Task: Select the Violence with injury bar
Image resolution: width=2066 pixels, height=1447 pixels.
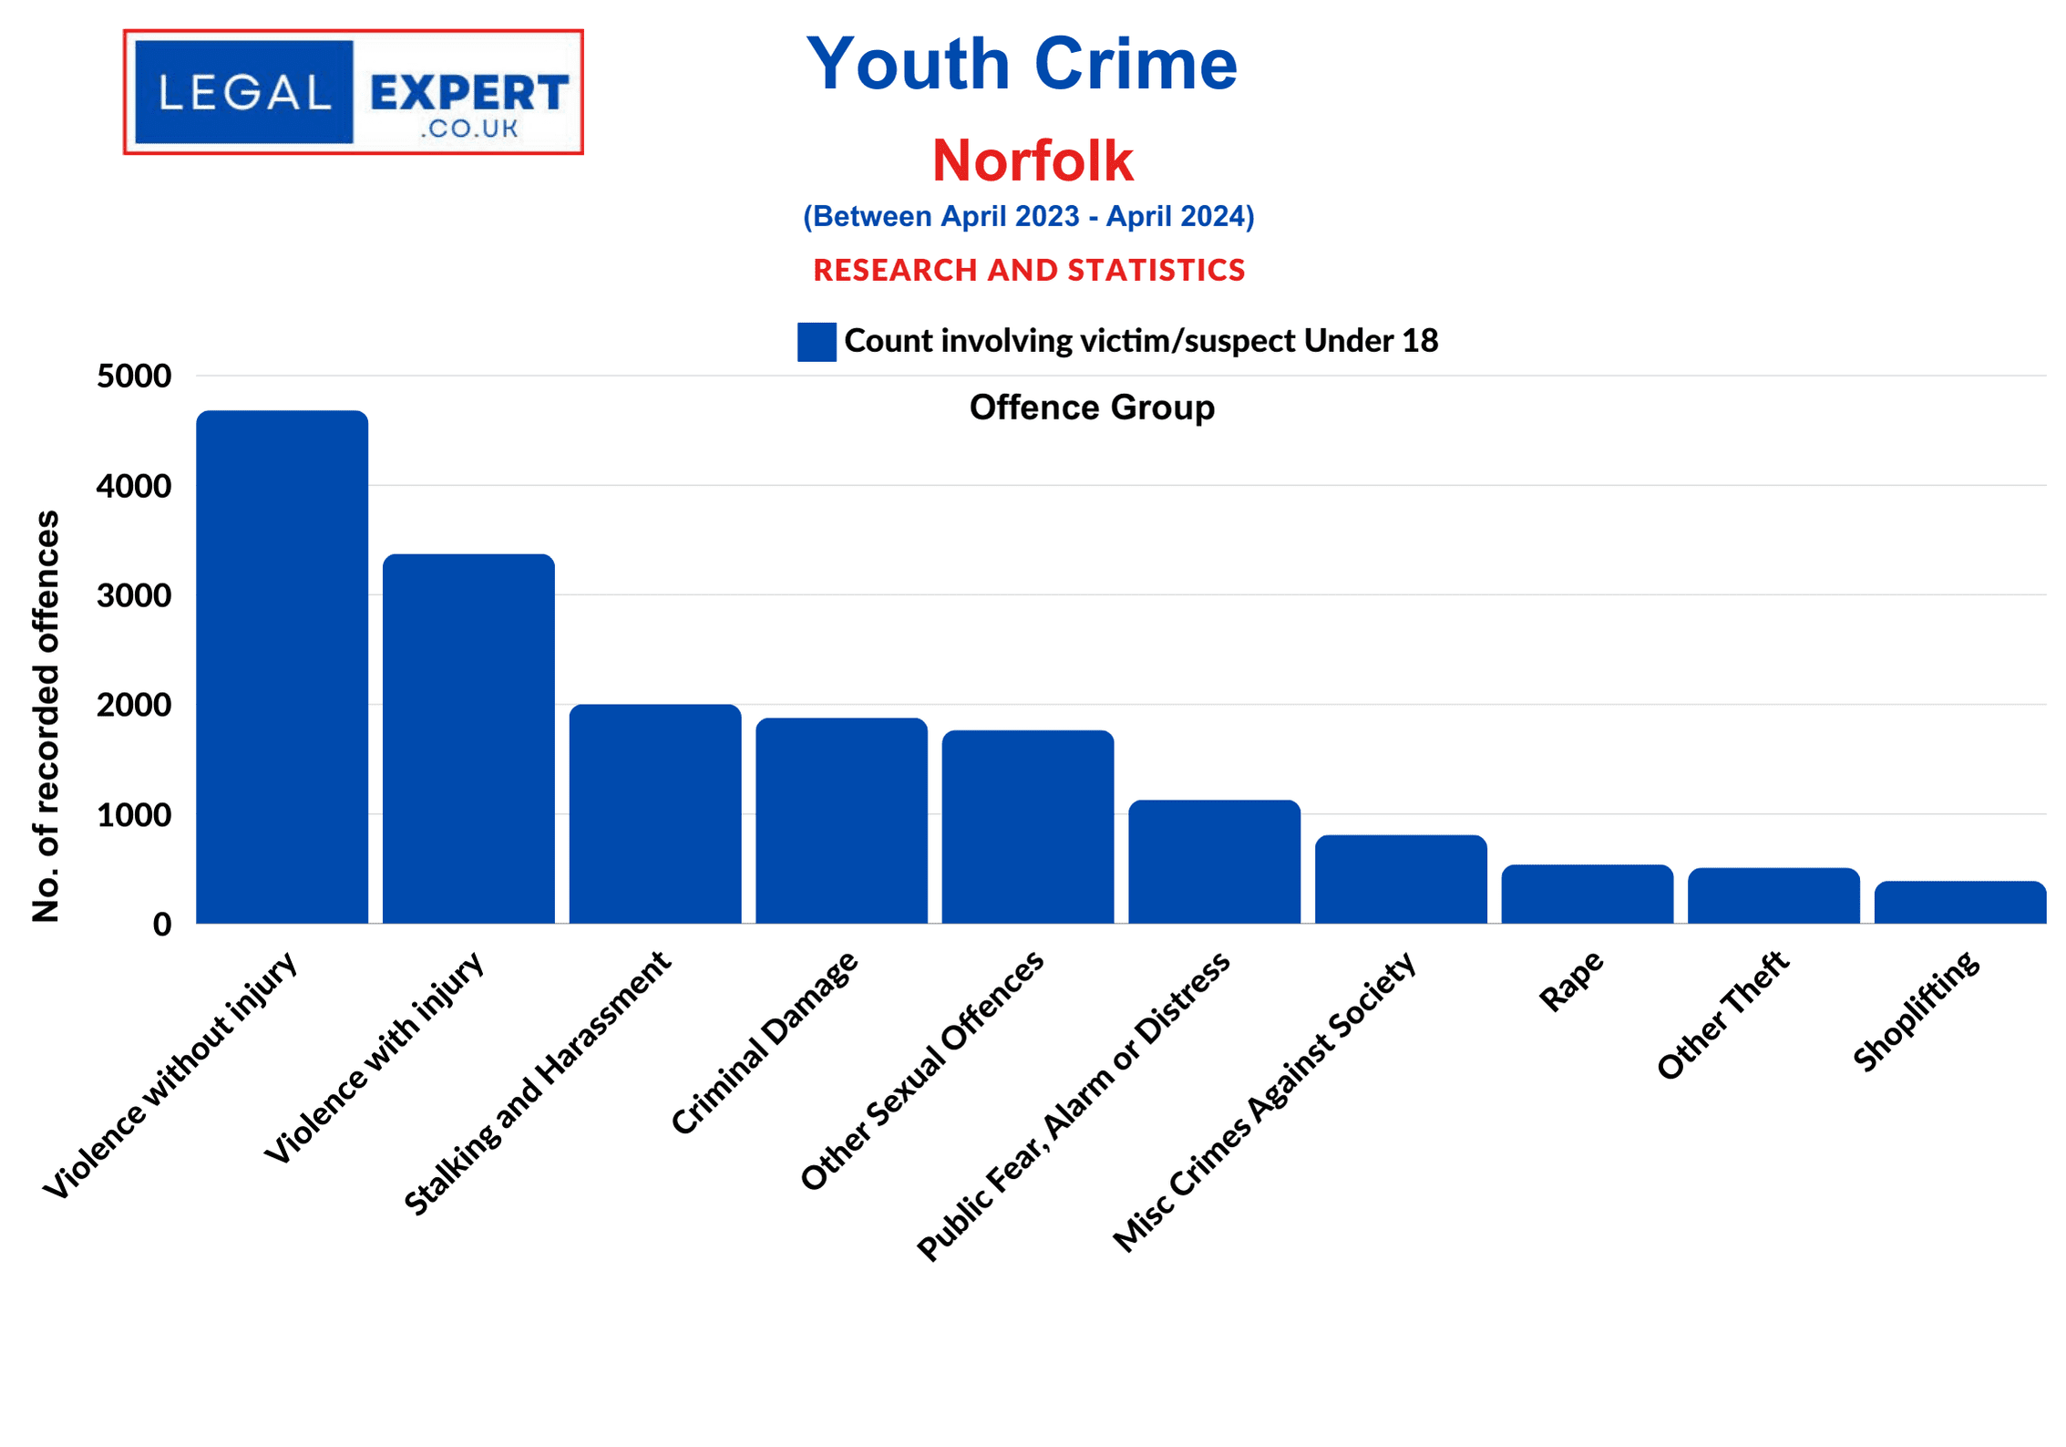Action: point(468,739)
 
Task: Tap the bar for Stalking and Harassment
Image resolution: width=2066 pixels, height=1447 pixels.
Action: point(654,813)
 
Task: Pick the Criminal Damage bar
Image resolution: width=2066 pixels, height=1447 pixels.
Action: point(841,821)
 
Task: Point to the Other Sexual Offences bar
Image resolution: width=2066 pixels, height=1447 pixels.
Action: point(1027,826)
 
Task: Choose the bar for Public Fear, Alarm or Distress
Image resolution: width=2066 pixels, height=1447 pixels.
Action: point(1214,862)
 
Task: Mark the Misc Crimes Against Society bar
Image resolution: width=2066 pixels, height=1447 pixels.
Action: point(1400,879)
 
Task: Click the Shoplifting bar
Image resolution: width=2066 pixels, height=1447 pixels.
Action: point(1959,902)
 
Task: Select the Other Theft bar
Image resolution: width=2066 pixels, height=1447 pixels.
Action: point(1773,895)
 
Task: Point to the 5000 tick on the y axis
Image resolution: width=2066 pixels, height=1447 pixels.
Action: point(134,376)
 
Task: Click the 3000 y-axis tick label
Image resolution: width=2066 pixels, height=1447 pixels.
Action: point(134,595)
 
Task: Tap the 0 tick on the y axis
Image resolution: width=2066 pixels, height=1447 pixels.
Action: point(162,925)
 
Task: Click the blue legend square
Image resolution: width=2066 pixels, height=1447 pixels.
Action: point(816,342)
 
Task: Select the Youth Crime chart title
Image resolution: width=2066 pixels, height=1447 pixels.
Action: point(1022,64)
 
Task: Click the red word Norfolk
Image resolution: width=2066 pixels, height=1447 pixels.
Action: point(1032,160)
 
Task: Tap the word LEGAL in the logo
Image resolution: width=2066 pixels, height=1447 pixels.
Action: point(244,92)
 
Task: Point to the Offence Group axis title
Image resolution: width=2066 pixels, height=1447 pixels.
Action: point(1091,408)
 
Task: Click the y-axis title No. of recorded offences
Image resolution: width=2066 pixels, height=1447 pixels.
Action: point(46,716)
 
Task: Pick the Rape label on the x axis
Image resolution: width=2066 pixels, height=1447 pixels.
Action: point(1570,980)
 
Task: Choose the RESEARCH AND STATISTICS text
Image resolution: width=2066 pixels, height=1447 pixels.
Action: point(1028,270)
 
